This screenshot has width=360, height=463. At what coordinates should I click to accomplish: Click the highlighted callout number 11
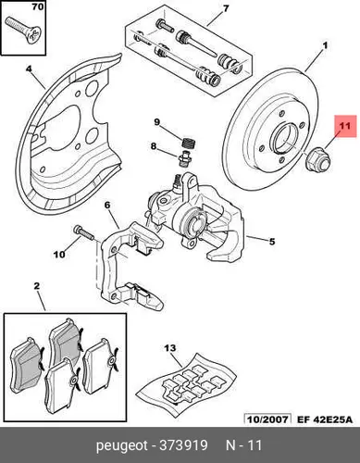(345, 126)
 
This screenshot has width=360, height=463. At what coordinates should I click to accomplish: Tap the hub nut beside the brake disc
(317, 158)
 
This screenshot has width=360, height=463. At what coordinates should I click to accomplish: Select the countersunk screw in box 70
(23, 31)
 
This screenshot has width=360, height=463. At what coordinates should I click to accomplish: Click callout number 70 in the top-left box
(38, 6)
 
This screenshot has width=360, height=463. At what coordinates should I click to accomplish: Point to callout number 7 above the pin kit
(226, 8)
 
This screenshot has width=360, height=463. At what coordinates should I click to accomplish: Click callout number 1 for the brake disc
(325, 46)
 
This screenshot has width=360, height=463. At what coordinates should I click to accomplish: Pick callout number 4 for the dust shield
(29, 69)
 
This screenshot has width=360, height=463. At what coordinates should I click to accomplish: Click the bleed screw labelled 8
(183, 158)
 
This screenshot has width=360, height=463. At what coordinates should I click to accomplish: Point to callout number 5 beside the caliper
(272, 241)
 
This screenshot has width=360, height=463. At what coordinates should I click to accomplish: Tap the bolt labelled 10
(84, 233)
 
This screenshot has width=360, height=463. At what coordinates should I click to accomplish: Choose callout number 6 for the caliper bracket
(107, 205)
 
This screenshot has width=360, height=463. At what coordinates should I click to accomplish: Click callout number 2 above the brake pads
(36, 286)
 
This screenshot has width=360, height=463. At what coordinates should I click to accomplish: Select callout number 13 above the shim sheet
(170, 349)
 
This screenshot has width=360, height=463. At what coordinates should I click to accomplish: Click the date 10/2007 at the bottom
(267, 419)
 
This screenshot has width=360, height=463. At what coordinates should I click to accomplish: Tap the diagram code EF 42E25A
(324, 419)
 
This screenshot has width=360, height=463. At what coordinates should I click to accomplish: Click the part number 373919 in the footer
(183, 445)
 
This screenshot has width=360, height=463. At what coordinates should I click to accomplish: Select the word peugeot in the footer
(122, 446)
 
